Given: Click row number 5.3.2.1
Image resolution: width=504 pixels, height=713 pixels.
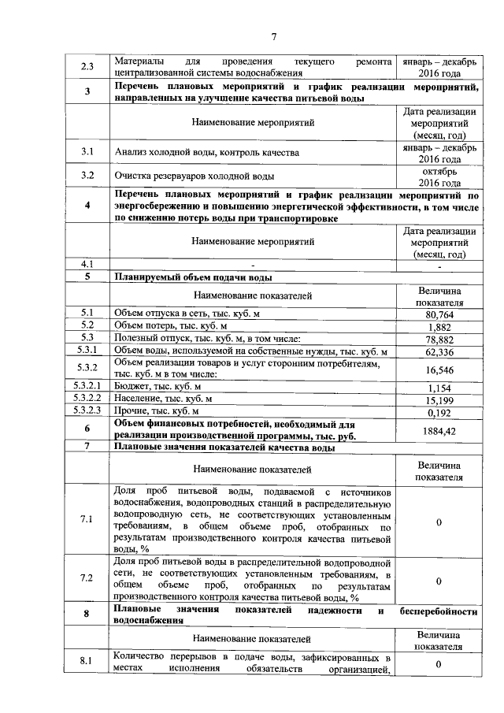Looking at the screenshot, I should (87, 387).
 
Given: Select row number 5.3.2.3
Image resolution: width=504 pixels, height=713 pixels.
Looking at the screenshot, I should (87, 410).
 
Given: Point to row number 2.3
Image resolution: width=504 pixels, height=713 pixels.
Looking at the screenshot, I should (87, 66).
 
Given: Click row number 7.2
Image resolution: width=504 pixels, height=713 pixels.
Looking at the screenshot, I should (87, 578).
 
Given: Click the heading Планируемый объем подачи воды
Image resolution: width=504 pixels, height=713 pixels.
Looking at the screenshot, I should (194, 277).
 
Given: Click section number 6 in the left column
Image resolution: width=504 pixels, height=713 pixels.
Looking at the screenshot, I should (87, 429).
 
